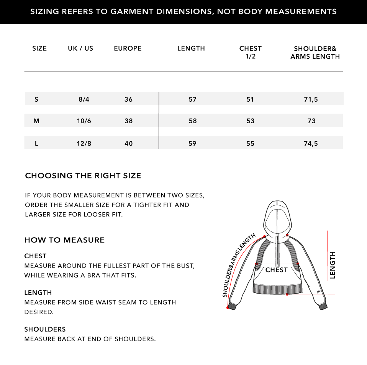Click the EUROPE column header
(x=128, y=48)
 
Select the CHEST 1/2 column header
(x=250, y=52)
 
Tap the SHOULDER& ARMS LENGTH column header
(x=315, y=53)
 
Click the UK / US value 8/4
(x=84, y=99)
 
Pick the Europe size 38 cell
(x=128, y=121)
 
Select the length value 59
(x=192, y=144)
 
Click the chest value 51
(x=250, y=99)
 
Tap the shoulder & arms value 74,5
(x=311, y=144)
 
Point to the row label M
(x=36, y=121)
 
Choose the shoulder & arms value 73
(x=311, y=121)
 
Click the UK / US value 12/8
(x=84, y=144)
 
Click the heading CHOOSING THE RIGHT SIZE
(x=83, y=176)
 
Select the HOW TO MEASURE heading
(x=64, y=240)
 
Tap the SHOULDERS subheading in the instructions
(x=45, y=329)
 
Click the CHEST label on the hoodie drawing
(x=276, y=270)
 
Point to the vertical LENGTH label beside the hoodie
(x=333, y=265)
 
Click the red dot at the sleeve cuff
(x=228, y=308)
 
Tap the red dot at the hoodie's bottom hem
(x=287, y=294)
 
